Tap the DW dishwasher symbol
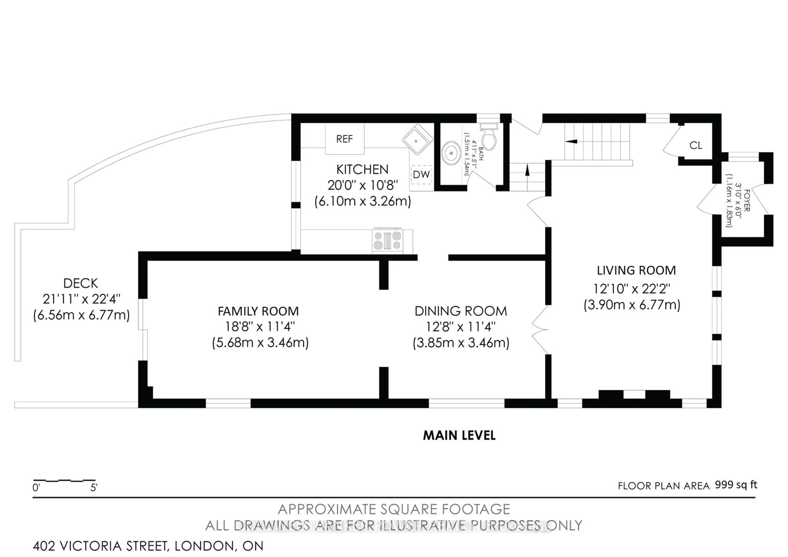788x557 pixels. [421, 174]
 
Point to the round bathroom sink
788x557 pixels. [451, 153]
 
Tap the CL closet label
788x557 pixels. [696, 146]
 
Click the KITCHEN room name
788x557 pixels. [362, 170]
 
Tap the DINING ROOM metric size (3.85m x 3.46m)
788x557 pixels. [461, 343]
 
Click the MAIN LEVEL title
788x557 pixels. [459, 435]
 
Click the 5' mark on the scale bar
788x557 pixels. [94, 487]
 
